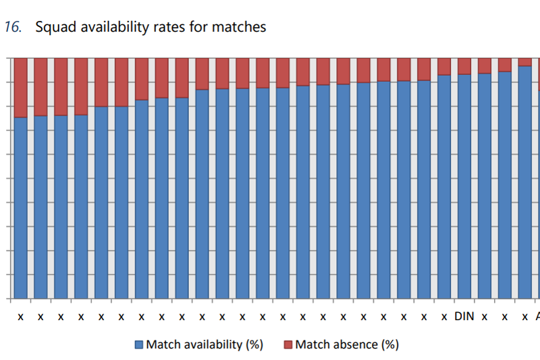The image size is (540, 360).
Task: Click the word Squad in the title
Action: (x=53, y=28)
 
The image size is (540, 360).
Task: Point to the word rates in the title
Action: (x=169, y=28)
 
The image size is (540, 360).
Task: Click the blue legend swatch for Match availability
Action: (x=140, y=344)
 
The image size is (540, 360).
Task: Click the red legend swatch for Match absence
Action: (x=288, y=344)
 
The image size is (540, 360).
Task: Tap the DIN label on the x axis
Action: (x=464, y=316)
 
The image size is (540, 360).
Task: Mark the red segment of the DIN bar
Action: (x=464, y=66)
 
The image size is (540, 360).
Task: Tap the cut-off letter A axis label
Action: (x=537, y=316)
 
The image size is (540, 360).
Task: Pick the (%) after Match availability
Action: (x=253, y=344)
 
